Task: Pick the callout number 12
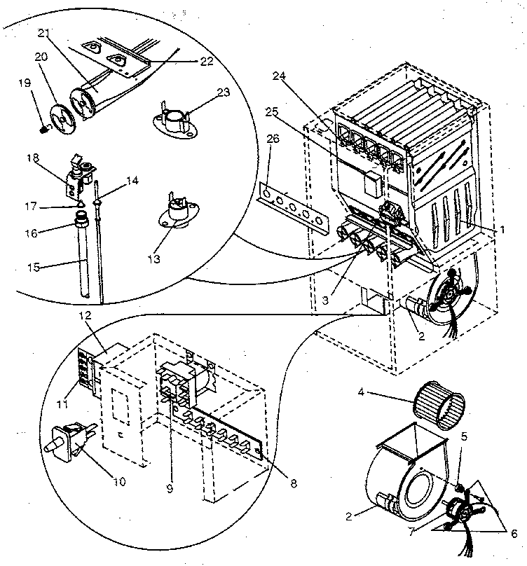[x=85, y=317]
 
